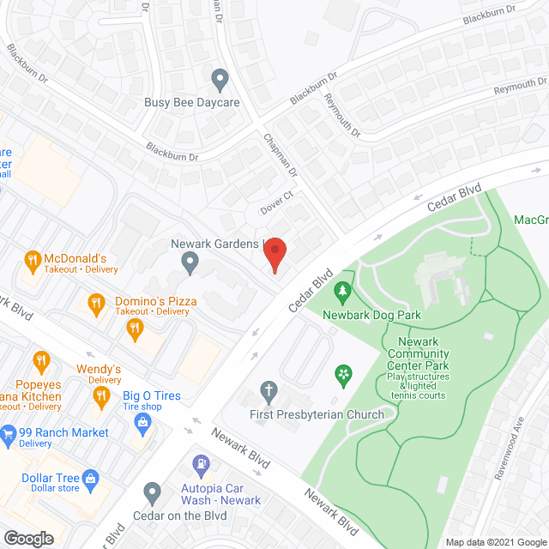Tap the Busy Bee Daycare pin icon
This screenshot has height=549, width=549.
point(220,81)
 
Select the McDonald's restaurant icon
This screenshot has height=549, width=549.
point(32,258)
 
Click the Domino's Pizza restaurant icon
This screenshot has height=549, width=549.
point(97,301)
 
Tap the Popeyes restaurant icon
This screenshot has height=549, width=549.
point(39,359)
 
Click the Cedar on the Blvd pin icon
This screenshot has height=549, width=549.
point(153,493)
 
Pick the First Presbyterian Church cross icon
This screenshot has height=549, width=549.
point(268,392)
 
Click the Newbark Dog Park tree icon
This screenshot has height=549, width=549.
point(343,291)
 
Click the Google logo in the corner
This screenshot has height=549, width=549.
point(28,539)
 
